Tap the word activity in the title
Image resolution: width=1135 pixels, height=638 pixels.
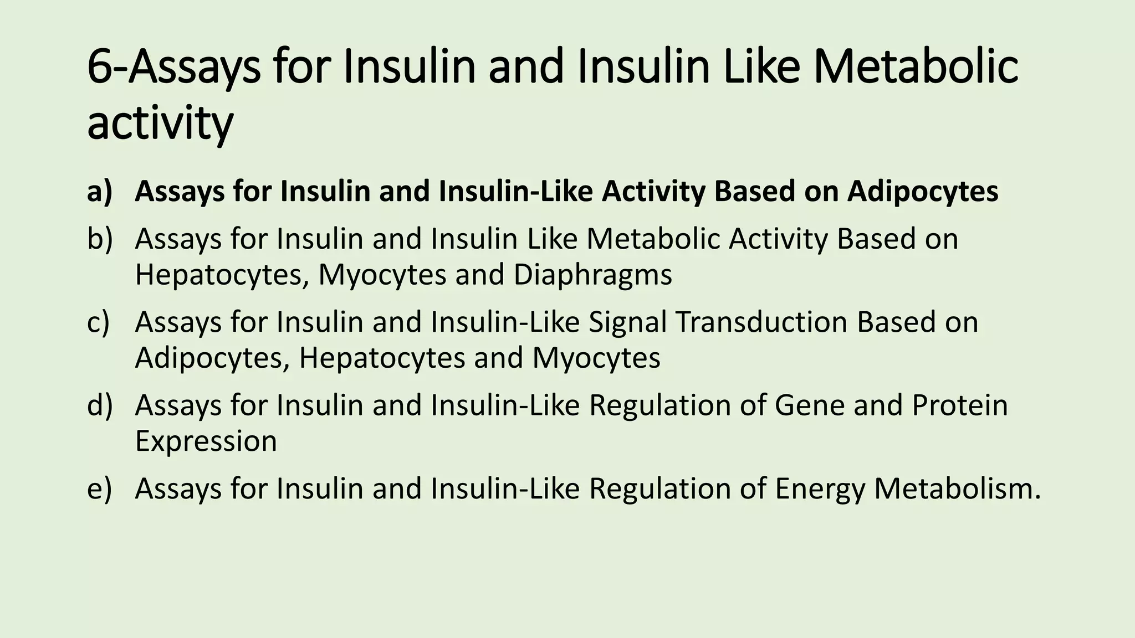[160, 124]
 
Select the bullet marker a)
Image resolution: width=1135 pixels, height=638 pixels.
[100, 191]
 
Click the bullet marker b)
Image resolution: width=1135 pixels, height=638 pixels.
[100, 239]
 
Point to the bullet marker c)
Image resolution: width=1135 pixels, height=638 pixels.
[99, 322]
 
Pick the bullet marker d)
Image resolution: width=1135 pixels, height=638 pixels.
[100, 405]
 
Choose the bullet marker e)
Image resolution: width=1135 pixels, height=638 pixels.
[99, 488]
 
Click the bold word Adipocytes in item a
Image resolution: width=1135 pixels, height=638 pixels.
[923, 192]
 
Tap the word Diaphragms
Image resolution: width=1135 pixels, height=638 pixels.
[592, 275]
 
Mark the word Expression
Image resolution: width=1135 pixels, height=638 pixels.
[206, 442]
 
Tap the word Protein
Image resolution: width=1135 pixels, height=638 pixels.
[960, 405]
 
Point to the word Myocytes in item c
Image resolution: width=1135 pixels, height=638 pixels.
[596, 358]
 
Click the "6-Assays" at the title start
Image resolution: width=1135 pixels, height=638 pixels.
[173, 67]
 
